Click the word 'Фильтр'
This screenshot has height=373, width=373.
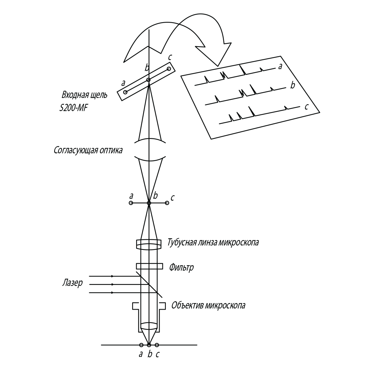coord(181,268)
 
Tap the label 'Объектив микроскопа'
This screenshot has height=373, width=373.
coord(208,305)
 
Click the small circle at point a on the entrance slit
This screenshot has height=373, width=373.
coord(125,92)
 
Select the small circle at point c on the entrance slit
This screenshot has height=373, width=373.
coord(169,68)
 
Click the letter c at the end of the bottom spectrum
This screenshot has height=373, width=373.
coord(306,107)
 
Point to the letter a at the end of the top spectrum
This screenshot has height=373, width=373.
coord(280,66)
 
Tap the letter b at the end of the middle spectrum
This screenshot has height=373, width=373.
coord(292,86)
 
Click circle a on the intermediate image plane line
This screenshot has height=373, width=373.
coord(131,203)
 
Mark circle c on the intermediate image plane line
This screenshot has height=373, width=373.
coord(167,203)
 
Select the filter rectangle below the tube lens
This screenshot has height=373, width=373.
coord(149,266)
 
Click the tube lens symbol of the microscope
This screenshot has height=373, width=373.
coord(149,244)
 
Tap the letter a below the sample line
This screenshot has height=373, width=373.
coord(141,354)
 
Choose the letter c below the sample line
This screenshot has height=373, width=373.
coord(157,354)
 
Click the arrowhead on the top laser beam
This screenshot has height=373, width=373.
coord(112,276)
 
